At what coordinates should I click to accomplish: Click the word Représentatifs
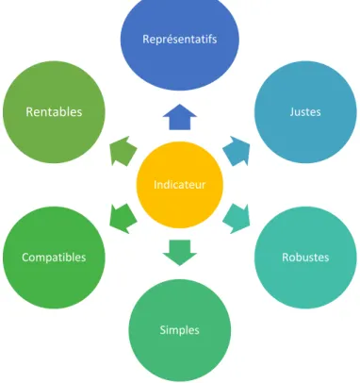pyautogui.click(x=180, y=40)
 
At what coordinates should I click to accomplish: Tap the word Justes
pyautogui.click(x=305, y=112)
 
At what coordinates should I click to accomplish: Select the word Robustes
pyautogui.click(x=305, y=258)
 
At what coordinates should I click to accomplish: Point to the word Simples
pyautogui.click(x=180, y=330)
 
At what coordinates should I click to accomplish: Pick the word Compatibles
pyautogui.click(x=54, y=258)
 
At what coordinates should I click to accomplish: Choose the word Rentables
pyautogui.click(x=54, y=112)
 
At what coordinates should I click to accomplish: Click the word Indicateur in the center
pyautogui.click(x=180, y=185)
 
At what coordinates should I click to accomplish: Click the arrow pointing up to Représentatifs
pyautogui.click(x=180, y=117)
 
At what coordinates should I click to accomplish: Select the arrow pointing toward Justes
pyautogui.click(x=237, y=151)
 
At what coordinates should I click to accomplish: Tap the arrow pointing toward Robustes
pyautogui.click(x=237, y=219)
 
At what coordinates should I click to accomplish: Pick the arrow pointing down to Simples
pyautogui.click(x=180, y=253)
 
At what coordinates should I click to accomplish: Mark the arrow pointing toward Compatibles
pyautogui.click(x=123, y=219)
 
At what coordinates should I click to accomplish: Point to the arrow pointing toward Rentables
pyautogui.click(x=123, y=151)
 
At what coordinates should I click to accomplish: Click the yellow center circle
pyautogui.click(x=180, y=185)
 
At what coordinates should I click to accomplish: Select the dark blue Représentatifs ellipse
pyautogui.click(x=180, y=40)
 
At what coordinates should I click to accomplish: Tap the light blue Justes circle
pyautogui.click(x=305, y=112)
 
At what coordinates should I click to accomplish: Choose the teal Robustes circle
pyautogui.click(x=305, y=258)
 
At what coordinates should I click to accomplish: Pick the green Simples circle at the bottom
pyautogui.click(x=180, y=330)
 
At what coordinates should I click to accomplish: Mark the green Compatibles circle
pyautogui.click(x=54, y=258)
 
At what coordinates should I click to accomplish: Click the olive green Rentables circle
pyautogui.click(x=54, y=112)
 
